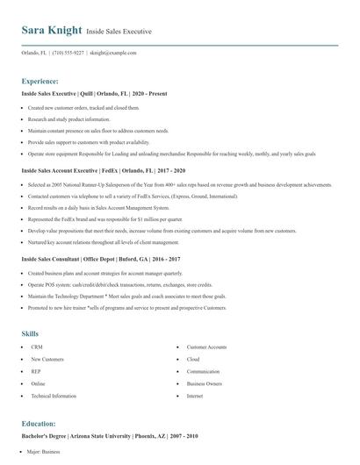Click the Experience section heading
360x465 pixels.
[x=40, y=80]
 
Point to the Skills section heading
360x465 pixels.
[x=30, y=333]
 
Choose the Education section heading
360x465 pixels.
[x=40, y=424]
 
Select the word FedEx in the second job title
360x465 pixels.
[x=111, y=171]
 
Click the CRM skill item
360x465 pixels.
[x=37, y=347]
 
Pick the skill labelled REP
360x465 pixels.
[x=37, y=372]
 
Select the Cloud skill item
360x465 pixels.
[x=193, y=360]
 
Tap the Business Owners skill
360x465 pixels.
[x=204, y=384]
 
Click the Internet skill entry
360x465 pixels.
[x=195, y=397]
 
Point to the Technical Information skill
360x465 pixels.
[x=54, y=397]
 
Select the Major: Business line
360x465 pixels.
[x=44, y=452]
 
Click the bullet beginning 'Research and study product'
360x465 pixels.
[x=70, y=119]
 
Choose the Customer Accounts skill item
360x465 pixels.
[x=207, y=347]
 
